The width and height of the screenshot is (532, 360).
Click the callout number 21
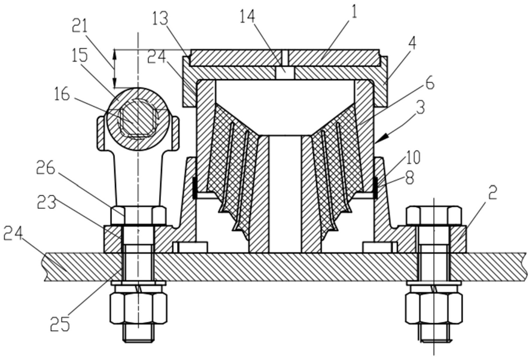tap(80, 26)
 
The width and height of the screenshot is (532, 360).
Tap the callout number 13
tap(160, 19)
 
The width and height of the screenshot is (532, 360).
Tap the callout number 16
tap(62, 94)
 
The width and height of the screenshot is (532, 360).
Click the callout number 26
tap(46, 169)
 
